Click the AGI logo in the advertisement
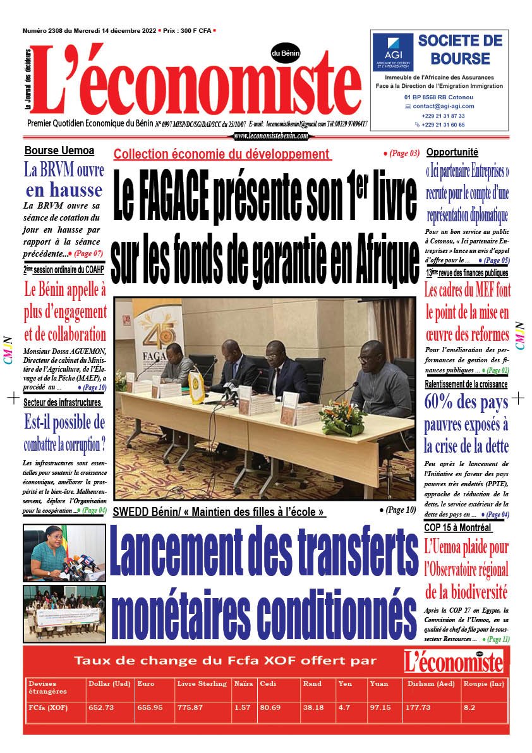point(392,50)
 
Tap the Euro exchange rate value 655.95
point(150,707)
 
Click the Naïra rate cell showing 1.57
point(242,707)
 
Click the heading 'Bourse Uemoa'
point(59,150)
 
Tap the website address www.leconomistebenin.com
point(271,136)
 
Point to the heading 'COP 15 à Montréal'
point(457,527)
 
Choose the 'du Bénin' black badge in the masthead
point(286,54)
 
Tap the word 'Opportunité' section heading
point(452,152)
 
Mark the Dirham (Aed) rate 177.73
point(415,707)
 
